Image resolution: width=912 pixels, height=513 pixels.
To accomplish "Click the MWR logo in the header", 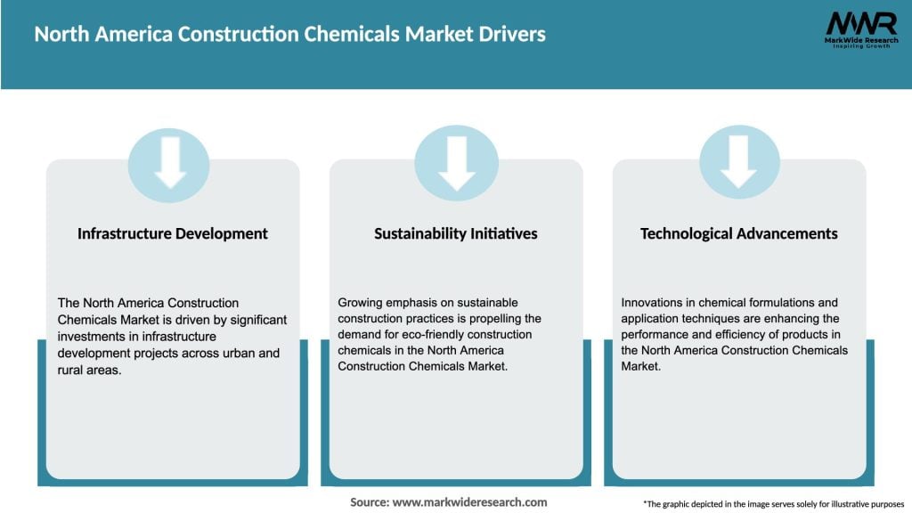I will pos(860,23).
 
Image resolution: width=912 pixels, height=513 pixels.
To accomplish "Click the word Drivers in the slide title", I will pos(509,35).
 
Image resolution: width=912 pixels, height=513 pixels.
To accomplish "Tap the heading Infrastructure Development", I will pos(173,233).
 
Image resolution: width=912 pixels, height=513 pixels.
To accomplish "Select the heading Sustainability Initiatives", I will pos(456,233).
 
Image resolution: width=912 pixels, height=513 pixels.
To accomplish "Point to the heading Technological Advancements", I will pos(739,233).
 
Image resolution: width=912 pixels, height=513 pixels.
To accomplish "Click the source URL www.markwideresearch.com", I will pos(469,502).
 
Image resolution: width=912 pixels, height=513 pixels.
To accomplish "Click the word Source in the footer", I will pos(369,502).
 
